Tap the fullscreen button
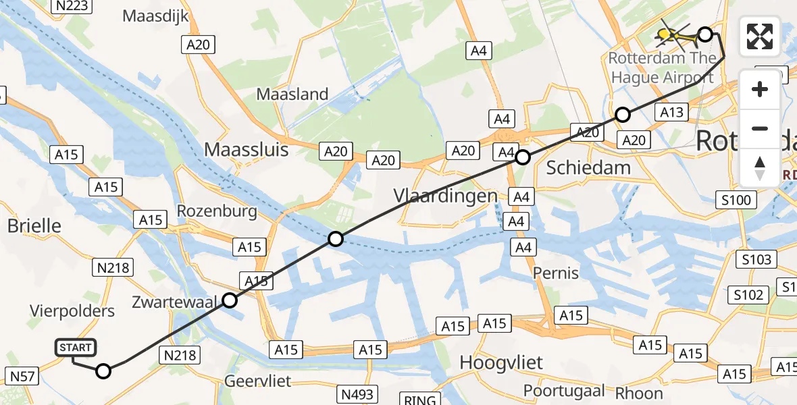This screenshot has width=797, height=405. (x=760, y=36)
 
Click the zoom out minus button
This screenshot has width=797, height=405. (x=760, y=128)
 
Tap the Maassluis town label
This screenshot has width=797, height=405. (x=246, y=148)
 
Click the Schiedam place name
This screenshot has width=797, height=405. (x=588, y=168)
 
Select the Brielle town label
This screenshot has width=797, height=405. (x=34, y=225)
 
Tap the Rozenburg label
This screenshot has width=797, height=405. (x=217, y=211)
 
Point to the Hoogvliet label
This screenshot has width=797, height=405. (x=500, y=362)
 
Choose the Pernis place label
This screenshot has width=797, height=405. (x=556, y=273)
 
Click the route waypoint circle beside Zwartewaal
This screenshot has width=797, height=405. (x=230, y=300)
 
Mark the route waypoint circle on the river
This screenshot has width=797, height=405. (x=336, y=238)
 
